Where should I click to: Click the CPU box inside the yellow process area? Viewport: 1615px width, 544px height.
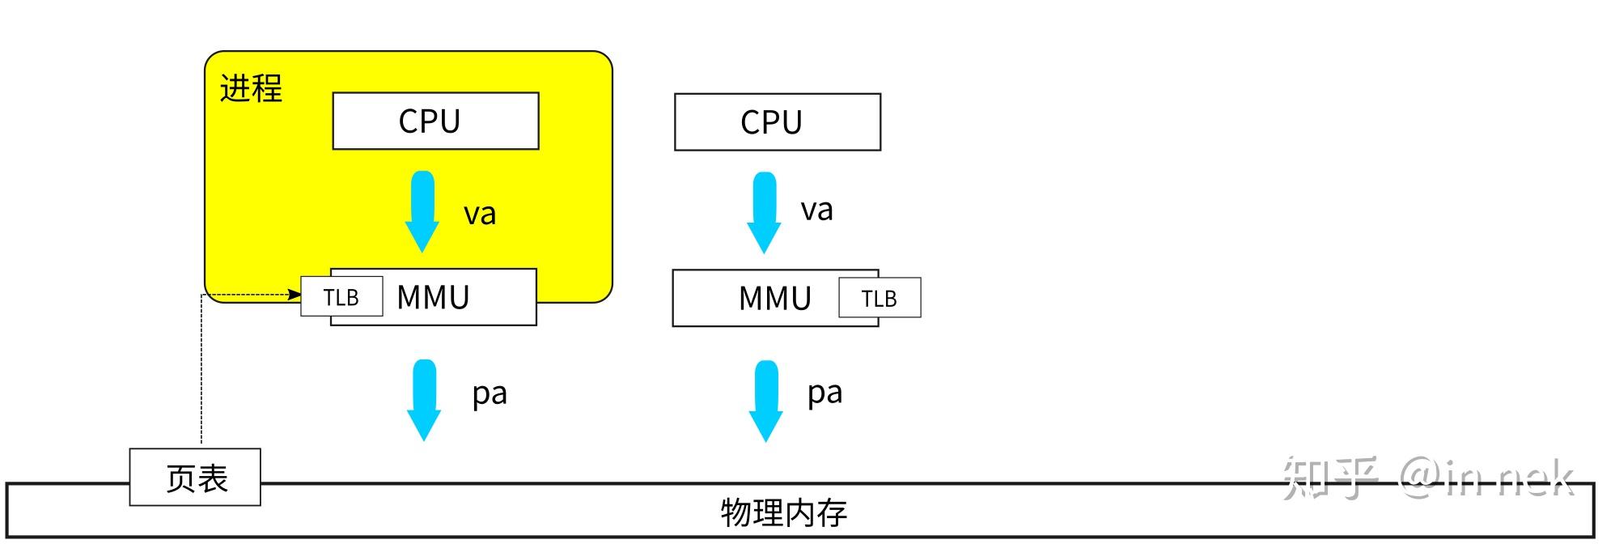(435, 121)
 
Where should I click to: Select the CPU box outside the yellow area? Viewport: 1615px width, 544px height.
(777, 122)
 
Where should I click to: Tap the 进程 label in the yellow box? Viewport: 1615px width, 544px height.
(251, 88)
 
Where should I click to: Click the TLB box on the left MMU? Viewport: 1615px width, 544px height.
(341, 297)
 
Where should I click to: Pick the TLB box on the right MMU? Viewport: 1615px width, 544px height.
(879, 299)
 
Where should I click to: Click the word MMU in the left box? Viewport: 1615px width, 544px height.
(433, 298)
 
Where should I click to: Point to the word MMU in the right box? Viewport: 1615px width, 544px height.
(774, 299)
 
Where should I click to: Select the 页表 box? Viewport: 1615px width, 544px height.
(195, 478)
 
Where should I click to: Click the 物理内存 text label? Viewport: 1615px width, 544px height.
(783, 513)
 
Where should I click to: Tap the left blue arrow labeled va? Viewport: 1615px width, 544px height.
(422, 210)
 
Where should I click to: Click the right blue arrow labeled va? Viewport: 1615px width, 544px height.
(763, 211)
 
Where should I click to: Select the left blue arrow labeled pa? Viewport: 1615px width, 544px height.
(423, 399)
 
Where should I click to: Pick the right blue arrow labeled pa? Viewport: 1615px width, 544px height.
(765, 400)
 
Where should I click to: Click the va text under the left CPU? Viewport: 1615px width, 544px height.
(479, 215)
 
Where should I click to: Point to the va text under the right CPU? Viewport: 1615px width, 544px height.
(816, 210)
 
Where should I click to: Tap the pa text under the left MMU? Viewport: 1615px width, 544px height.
(490, 394)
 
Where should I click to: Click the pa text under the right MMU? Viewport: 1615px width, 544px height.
(824, 393)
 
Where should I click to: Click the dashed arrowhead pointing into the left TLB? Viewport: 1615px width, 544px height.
(295, 295)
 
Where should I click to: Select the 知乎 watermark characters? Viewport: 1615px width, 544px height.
(1330, 478)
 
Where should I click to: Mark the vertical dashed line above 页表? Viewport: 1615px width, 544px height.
(201, 372)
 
